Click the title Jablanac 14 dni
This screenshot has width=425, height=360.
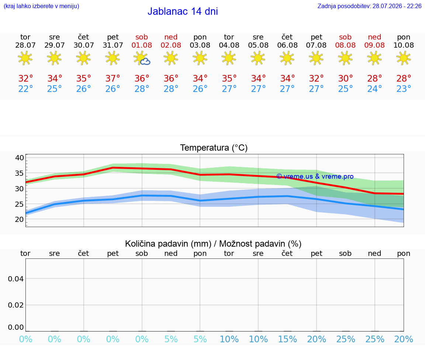(183, 11)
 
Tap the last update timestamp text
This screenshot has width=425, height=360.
(369, 6)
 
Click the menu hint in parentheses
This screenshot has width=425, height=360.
(41, 6)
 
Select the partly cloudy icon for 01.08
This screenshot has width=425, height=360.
(142, 58)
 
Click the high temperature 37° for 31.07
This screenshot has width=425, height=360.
(113, 78)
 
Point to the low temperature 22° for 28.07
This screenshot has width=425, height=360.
(25, 89)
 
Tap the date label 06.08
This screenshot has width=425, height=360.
(287, 45)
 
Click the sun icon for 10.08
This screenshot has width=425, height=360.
(404, 58)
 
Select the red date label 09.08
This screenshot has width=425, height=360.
(374, 45)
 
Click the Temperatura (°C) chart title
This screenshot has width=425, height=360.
(214, 148)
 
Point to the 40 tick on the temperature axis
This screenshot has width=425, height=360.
(20, 158)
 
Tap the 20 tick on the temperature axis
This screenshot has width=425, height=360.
(20, 219)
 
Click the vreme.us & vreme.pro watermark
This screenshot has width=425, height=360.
(315, 176)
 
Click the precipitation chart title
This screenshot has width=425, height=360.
(213, 244)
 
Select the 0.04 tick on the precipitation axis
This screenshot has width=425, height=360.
(16, 279)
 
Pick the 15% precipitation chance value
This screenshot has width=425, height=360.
(288, 339)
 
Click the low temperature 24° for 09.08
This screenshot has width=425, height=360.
(374, 89)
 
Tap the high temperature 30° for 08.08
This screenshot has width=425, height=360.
(346, 78)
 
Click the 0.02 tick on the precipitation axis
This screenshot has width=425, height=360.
(16, 305)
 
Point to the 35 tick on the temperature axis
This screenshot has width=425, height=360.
(20, 173)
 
